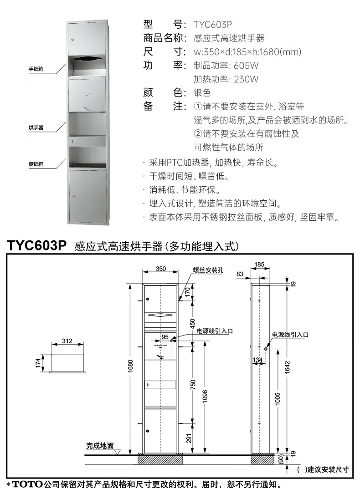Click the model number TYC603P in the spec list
pyautogui.click(x=216, y=24)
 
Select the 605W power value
pyautogui.click(x=248, y=65)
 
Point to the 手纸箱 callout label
pyautogui.click(x=36, y=69)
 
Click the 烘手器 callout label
pyautogui.click(x=36, y=128)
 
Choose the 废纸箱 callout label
pyautogui.click(x=36, y=164)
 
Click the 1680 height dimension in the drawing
pyautogui.click(x=130, y=365)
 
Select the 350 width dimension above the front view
pyautogui.click(x=160, y=269)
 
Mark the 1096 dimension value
pyautogui.click(x=206, y=393)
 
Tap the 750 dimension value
pyautogui.click(x=193, y=384)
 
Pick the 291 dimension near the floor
pyautogui.click(x=189, y=438)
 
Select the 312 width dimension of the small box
pyautogui.click(x=67, y=341)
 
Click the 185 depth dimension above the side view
pyautogui.click(x=260, y=264)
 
